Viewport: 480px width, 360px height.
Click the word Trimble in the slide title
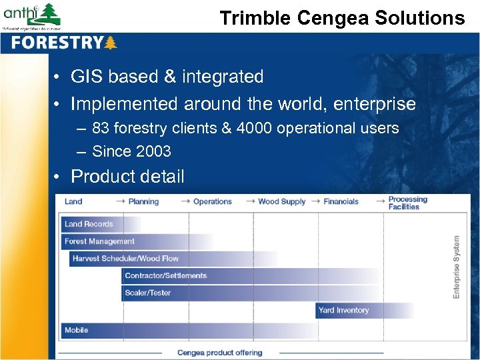click(x=253, y=18)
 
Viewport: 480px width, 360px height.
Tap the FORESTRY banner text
click(x=57, y=43)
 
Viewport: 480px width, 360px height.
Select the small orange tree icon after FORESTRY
click(x=111, y=43)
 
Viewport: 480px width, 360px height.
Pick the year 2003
click(x=153, y=151)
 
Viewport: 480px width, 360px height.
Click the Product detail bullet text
click(x=127, y=176)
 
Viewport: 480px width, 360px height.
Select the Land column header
click(x=73, y=201)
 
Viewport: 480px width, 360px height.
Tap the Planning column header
click(x=143, y=201)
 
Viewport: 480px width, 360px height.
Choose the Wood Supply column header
click(x=281, y=201)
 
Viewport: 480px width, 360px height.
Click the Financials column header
click(x=341, y=201)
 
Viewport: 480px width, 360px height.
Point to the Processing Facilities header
click(x=407, y=203)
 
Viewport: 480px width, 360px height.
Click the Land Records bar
click(x=89, y=224)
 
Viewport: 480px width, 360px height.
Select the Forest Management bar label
click(x=99, y=241)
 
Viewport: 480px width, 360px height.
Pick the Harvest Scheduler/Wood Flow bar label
click(x=125, y=259)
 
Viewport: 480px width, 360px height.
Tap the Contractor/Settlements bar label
click(x=165, y=275)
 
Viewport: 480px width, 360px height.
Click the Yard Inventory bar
click(x=343, y=310)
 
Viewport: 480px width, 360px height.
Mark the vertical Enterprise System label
click(x=457, y=267)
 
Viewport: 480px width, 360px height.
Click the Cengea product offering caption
click(x=219, y=353)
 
